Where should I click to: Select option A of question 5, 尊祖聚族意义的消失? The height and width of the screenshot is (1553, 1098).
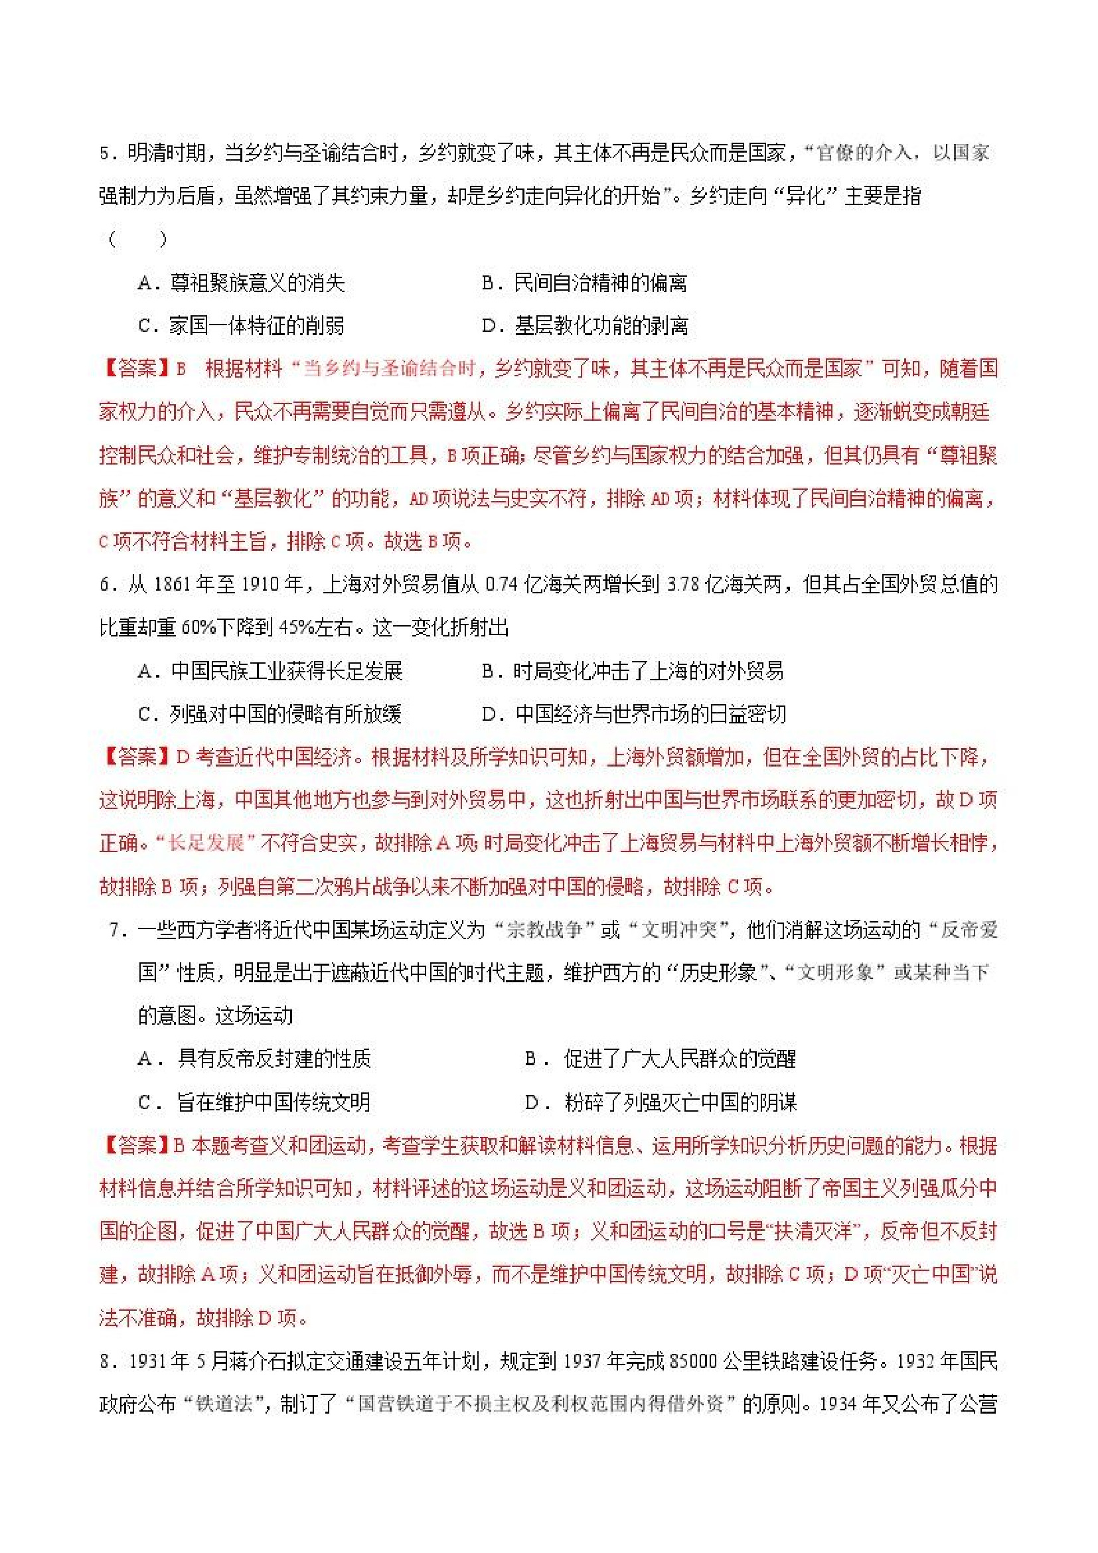tap(242, 283)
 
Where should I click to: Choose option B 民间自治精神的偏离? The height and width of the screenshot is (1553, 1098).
tap(585, 283)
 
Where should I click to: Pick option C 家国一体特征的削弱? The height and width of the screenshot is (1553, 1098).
tap(242, 326)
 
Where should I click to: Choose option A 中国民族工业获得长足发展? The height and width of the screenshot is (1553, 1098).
tap(270, 671)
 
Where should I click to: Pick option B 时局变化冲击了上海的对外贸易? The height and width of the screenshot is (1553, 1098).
tap(633, 671)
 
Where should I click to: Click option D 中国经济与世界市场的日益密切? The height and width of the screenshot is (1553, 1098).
tap(634, 714)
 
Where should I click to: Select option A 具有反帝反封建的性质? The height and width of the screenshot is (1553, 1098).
tap(254, 1059)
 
